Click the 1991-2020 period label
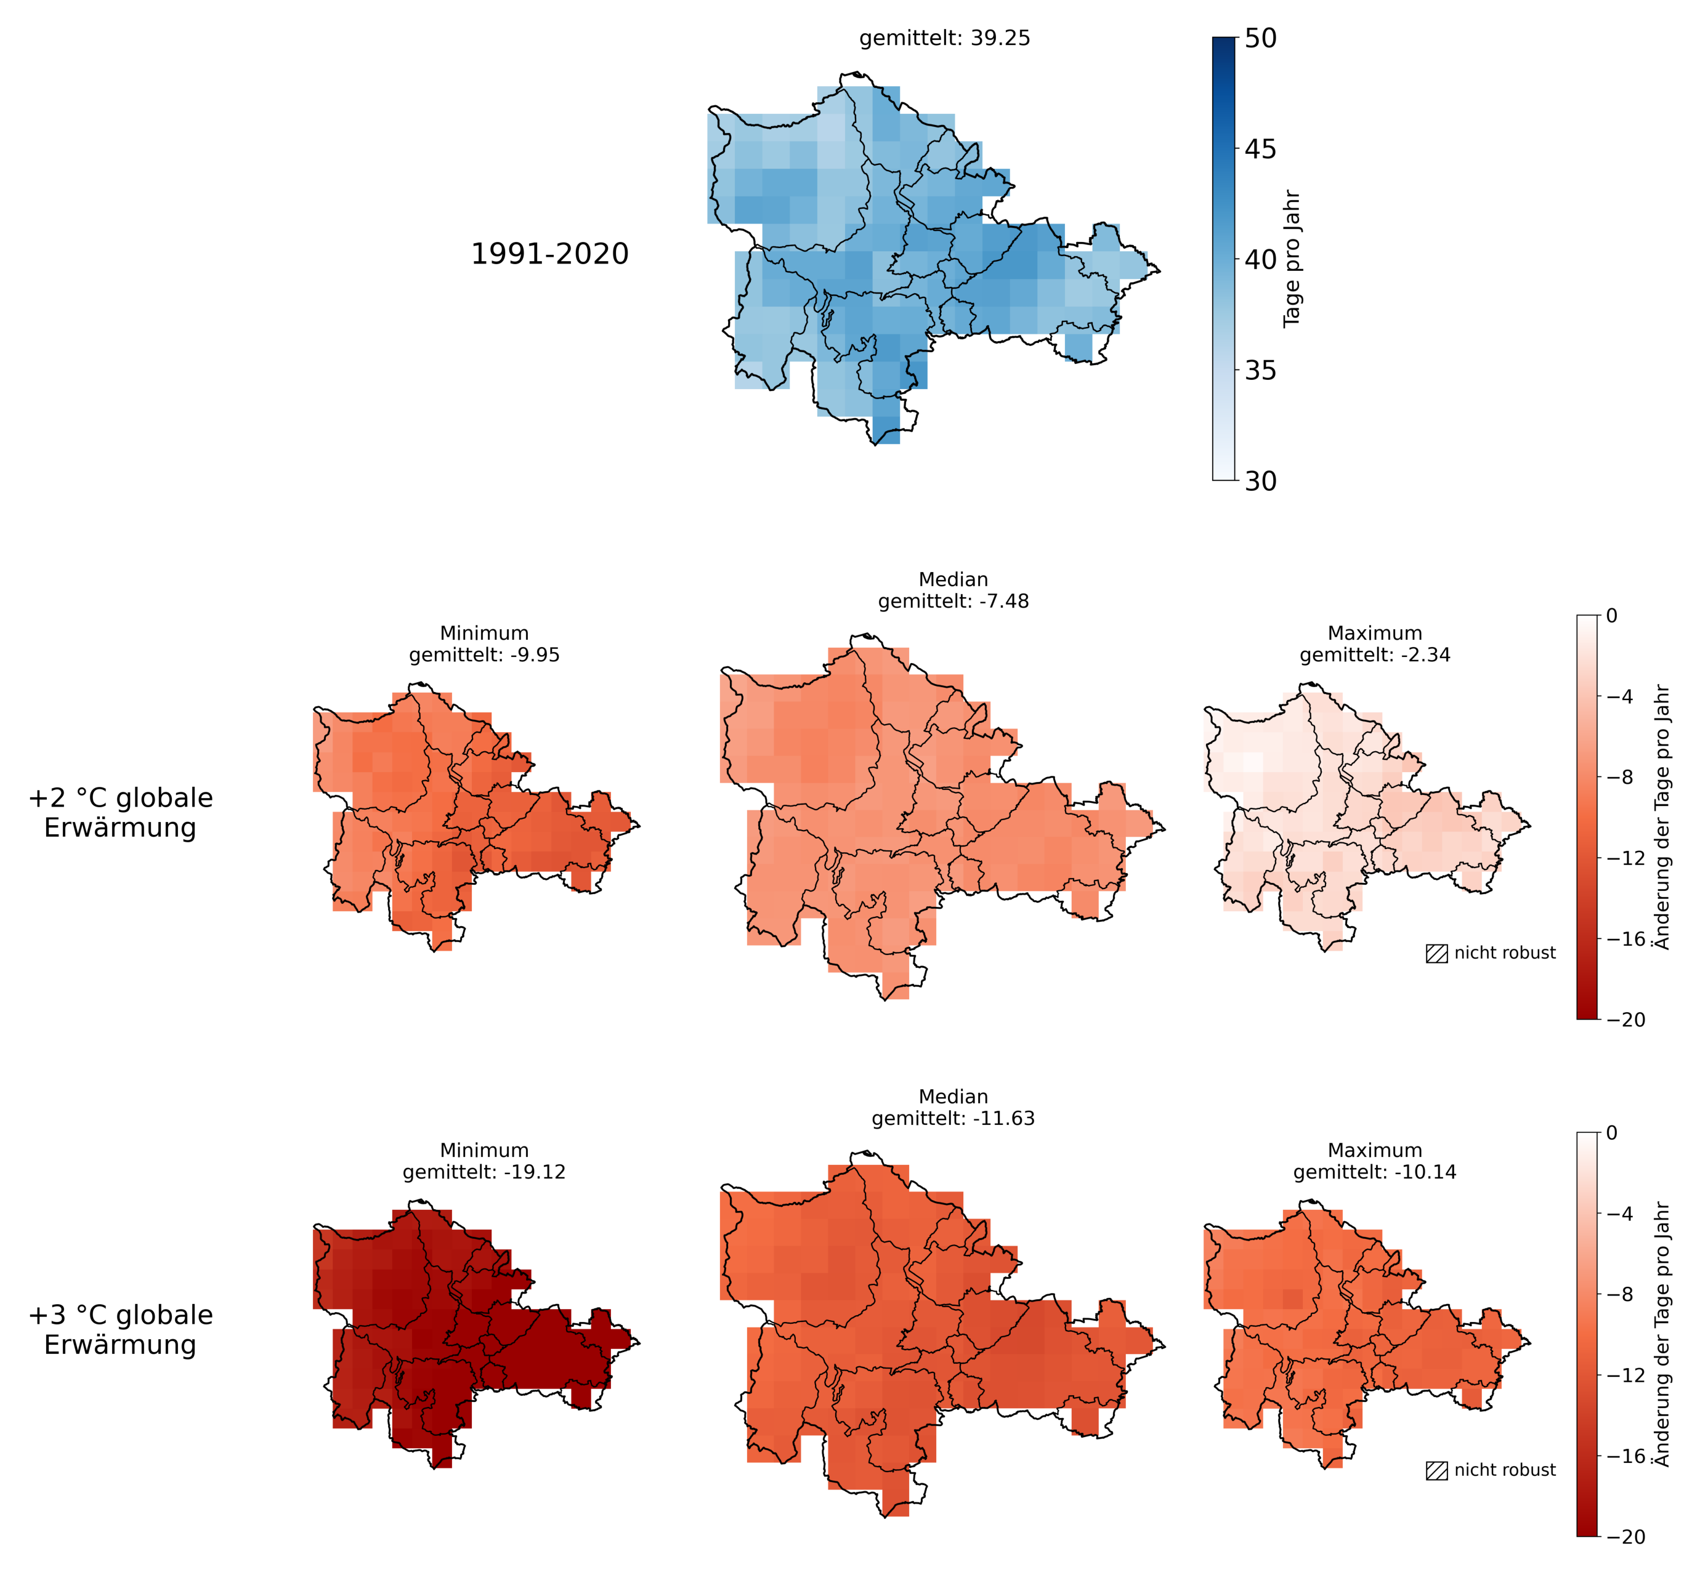550,254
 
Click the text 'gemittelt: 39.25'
945,38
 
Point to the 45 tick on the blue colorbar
1239,148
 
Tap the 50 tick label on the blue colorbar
1261,38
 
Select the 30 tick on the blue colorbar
1239,481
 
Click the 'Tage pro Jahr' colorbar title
1292,258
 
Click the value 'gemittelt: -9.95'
484,655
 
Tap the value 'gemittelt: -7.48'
953,601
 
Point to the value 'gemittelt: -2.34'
1375,655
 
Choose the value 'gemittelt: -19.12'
484,1172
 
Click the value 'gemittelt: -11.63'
953,1118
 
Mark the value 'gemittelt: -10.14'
1375,1172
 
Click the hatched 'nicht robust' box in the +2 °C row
1436,954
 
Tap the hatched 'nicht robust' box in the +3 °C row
1436,1471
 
